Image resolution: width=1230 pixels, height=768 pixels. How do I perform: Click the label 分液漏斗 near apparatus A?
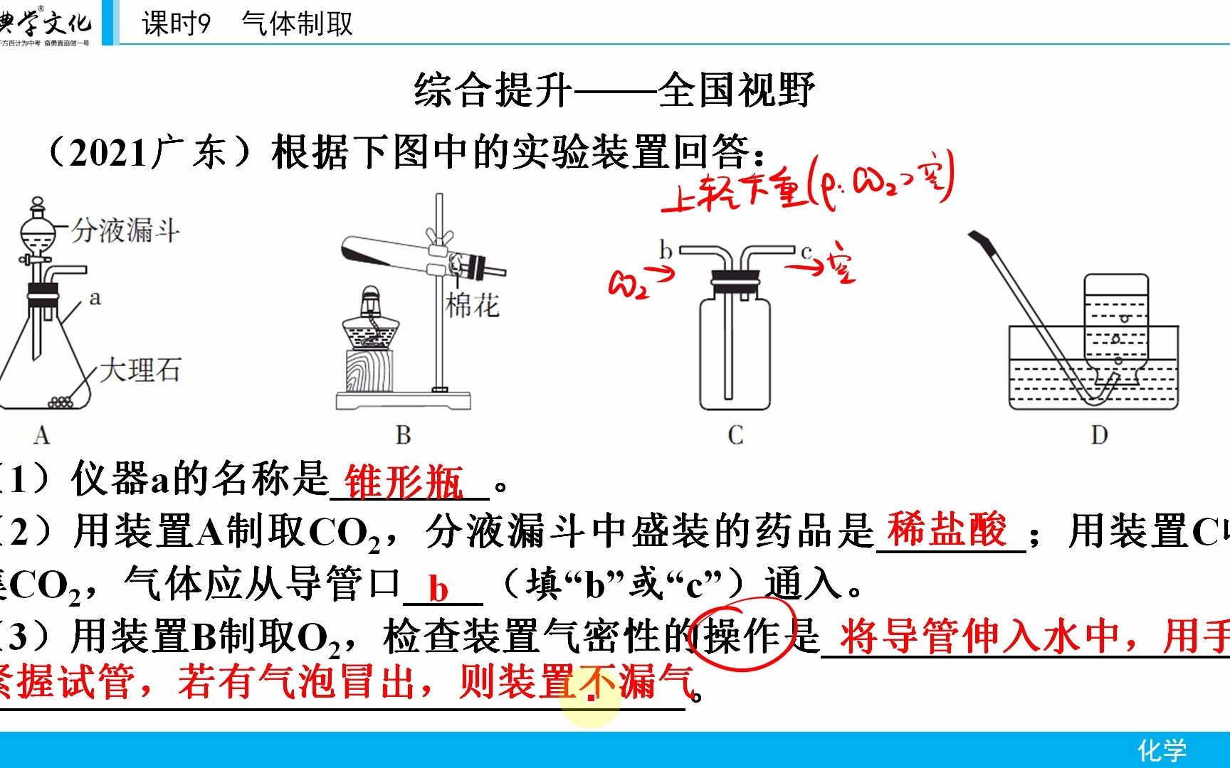(125, 230)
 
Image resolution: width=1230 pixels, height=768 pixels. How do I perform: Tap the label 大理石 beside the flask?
(140, 370)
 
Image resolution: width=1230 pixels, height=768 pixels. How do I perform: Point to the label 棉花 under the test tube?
(472, 306)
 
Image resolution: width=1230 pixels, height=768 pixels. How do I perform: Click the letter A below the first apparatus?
(41, 435)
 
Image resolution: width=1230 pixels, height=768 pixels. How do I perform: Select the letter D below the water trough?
(1099, 435)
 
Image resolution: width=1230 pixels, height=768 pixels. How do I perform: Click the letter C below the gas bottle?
(735, 435)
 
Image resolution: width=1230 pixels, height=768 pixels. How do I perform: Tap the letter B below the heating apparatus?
(403, 435)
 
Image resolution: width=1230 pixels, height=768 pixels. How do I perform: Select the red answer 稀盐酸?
(947, 530)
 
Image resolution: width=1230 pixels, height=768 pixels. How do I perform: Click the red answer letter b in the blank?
(438, 590)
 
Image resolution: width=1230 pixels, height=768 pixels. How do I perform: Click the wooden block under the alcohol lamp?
(369, 370)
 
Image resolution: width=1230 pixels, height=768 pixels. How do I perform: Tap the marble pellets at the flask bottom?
(61, 402)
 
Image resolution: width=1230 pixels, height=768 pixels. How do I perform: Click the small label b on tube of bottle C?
(666, 250)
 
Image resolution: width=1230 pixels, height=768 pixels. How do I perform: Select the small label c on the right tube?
(806, 252)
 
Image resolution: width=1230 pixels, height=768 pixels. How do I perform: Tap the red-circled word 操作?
(744, 635)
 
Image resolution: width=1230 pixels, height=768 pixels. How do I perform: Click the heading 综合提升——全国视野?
(614, 90)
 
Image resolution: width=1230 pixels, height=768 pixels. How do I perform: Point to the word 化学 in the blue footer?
(1162, 750)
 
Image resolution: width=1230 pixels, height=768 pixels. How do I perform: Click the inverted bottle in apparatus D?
(1115, 320)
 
